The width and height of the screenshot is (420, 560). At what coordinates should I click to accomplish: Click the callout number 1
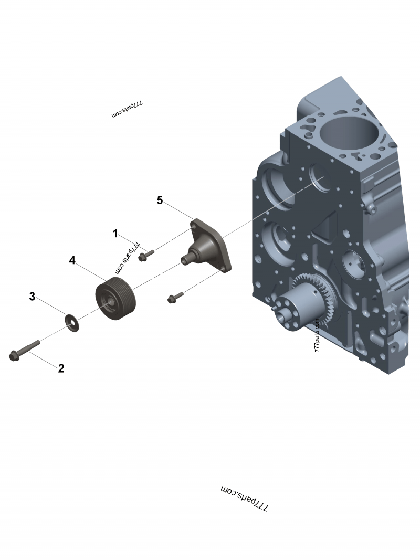pos(115,234)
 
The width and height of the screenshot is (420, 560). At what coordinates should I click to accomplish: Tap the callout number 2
pos(61,368)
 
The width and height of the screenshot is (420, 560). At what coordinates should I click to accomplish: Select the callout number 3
pos(32,297)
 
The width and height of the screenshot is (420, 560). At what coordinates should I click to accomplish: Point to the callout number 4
pos(72,260)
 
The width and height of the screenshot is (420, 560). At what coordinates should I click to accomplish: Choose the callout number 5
pos(160,200)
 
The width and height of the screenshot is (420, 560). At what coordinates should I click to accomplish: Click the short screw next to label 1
pos(146,255)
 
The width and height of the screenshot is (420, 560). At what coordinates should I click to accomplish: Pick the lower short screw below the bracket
pos(175,297)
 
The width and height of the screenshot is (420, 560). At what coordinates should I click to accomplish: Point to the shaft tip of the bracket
pos(184,259)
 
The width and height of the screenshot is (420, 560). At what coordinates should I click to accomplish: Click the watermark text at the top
pos(127,109)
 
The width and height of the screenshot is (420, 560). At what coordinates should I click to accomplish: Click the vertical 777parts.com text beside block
pos(317,336)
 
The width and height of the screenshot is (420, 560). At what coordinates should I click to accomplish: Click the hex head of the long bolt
pos(13,356)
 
